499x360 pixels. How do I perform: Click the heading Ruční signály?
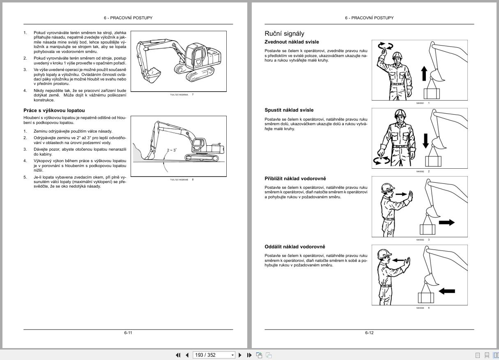click(284, 34)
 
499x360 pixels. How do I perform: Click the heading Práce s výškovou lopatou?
click(54, 110)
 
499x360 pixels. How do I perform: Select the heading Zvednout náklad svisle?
click(292, 42)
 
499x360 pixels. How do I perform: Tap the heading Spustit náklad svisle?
click(289, 110)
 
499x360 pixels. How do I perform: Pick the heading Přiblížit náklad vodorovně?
click(295, 179)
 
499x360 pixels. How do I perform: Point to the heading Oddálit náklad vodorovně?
click(294, 247)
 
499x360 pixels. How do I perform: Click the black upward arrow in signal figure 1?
click(424, 74)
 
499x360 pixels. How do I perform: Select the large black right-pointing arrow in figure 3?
click(446, 222)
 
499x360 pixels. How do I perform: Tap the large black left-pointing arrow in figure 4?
click(446, 291)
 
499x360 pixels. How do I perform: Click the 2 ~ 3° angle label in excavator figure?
click(172, 150)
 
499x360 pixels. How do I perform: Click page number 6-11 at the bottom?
click(128, 332)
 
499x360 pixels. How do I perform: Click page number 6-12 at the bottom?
click(369, 332)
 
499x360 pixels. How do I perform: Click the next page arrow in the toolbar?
click(240, 355)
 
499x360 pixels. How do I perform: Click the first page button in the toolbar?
click(178, 355)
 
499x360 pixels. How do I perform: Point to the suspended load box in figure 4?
click(426, 298)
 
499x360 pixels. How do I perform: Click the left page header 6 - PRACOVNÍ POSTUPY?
click(128, 18)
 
